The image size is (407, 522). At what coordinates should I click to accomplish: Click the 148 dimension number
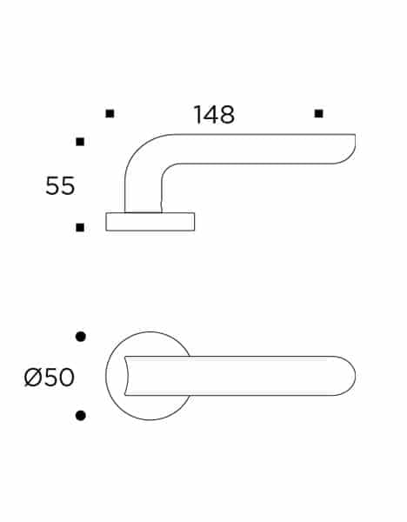coord(214,115)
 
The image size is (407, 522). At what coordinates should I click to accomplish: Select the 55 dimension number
coord(60,186)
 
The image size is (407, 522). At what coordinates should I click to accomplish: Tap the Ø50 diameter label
coord(50,378)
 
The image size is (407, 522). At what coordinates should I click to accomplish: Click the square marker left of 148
coord(110,114)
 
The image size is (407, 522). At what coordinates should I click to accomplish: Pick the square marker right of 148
coord(319,114)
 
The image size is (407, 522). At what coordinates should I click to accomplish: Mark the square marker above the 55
coord(80,142)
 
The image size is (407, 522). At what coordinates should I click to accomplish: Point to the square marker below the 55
coord(80,228)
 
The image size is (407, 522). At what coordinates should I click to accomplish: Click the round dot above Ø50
coord(81,337)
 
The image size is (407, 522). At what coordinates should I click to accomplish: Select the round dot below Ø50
coord(81,416)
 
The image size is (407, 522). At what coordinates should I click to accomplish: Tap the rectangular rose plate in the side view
coord(150,222)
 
